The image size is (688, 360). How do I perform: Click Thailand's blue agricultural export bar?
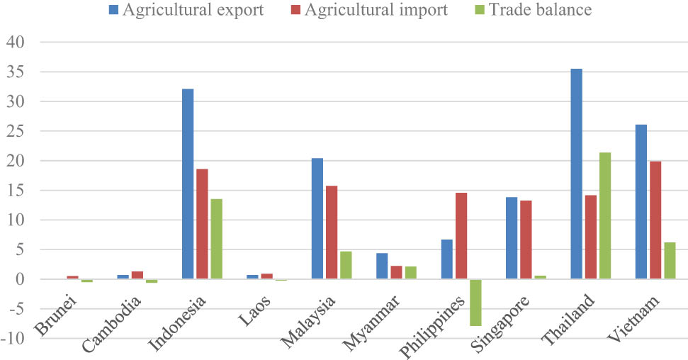tap(576, 174)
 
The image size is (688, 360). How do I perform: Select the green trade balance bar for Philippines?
tap(475, 303)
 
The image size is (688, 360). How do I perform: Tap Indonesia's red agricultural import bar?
tap(202, 224)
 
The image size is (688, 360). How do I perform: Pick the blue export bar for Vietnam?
tap(641, 202)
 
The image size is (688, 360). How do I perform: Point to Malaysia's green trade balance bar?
tap(345, 266)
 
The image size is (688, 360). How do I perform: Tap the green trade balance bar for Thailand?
tap(604, 216)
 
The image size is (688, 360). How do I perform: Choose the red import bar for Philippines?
tap(461, 236)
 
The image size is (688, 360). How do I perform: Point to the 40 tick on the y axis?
tap(16, 43)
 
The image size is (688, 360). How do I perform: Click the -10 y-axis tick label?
tap(13, 339)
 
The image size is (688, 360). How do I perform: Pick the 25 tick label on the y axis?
tap(16, 131)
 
